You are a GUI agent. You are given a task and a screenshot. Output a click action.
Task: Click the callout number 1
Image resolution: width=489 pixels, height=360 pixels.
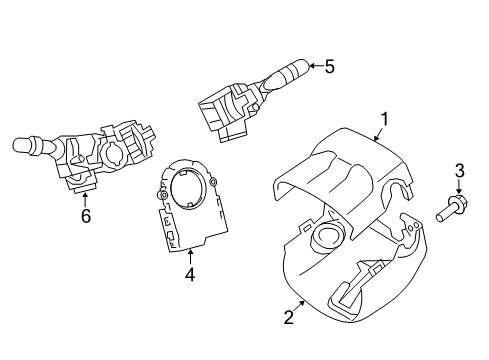[384, 121]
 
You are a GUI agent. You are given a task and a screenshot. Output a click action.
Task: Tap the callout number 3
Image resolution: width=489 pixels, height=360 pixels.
[460, 170]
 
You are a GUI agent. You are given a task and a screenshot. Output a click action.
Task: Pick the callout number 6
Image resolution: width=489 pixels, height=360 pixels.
[85, 215]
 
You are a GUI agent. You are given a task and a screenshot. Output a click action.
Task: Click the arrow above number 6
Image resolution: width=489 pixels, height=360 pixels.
[85, 197]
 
